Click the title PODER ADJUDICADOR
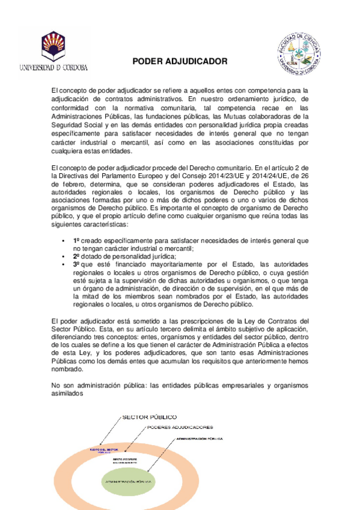tap(180, 61)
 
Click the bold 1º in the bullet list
tap(76, 240)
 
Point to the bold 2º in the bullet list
tap(76, 256)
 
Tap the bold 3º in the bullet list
tap(76, 264)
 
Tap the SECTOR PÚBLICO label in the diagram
tap(149, 416)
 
